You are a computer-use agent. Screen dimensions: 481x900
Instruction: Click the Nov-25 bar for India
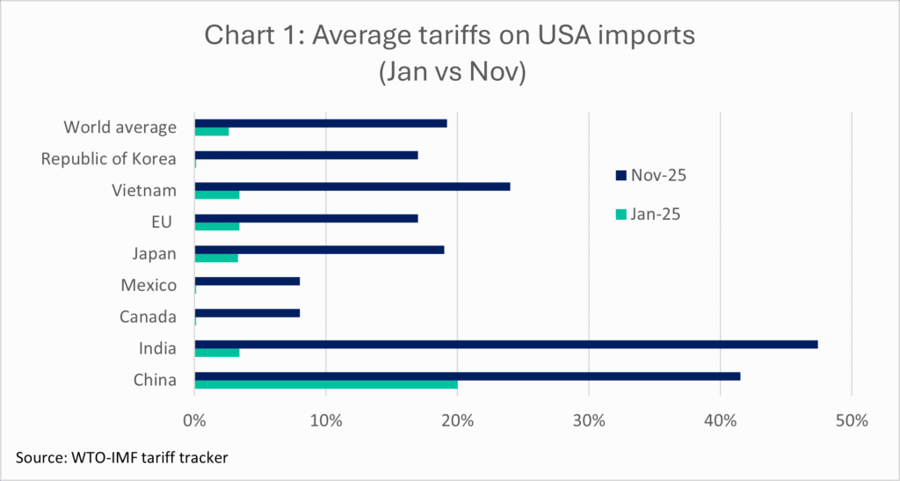point(505,344)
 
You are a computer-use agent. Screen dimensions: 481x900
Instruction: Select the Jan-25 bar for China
point(325,384)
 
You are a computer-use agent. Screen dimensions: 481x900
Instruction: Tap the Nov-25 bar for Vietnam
point(352,186)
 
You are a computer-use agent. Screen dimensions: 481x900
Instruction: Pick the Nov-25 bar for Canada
point(247,312)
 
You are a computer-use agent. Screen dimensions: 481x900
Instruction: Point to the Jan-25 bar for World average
point(211,131)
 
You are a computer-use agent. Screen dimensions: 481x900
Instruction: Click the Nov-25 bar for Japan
point(319,250)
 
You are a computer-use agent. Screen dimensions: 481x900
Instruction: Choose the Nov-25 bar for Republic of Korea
point(306,155)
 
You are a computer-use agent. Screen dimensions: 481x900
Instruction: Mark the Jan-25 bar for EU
point(216,226)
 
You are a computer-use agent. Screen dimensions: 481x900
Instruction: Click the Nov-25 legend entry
point(651,176)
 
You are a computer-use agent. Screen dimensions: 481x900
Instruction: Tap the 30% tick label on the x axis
point(589,420)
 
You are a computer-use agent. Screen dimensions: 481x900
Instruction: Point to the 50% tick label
point(851,420)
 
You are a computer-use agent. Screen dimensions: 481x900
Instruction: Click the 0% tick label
point(194,420)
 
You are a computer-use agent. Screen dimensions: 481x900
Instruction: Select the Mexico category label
point(149,285)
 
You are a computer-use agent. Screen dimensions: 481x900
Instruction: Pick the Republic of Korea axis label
point(109,159)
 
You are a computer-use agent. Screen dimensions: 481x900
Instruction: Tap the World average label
point(120,128)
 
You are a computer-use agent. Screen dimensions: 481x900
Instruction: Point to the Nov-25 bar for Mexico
point(247,281)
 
